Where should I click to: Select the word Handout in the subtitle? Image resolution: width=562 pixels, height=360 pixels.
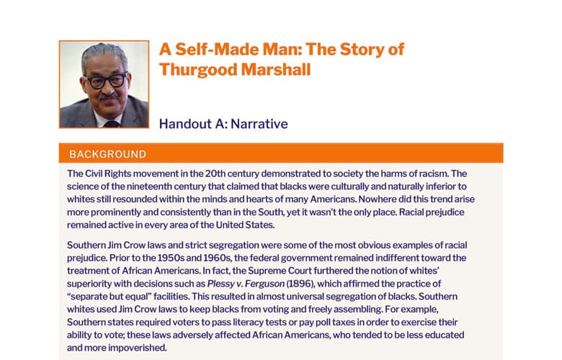[x=185, y=124]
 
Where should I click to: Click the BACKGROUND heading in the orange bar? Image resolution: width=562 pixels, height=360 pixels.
[x=107, y=154]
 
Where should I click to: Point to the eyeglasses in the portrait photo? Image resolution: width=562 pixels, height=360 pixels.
[x=107, y=81]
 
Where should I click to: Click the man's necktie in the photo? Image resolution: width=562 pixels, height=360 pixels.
[x=112, y=125]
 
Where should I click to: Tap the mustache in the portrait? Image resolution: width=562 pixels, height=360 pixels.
[x=109, y=96]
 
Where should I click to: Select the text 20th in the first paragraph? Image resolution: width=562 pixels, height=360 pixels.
[x=214, y=174]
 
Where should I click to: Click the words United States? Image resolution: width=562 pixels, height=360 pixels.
[x=245, y=225]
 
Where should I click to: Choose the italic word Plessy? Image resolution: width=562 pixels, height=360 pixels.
[x=219, y=284]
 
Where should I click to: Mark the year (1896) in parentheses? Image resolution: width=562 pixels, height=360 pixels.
[x=300, y=284]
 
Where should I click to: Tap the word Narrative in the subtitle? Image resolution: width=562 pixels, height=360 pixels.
[x=259, y=124]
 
